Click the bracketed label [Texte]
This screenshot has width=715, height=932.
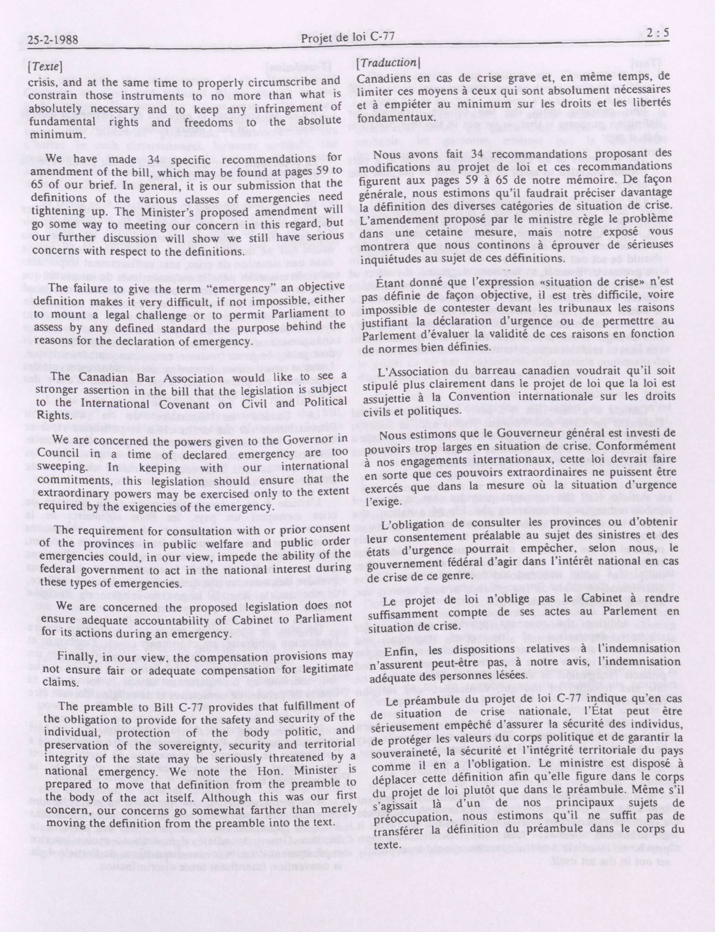click(x=45, y=67)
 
